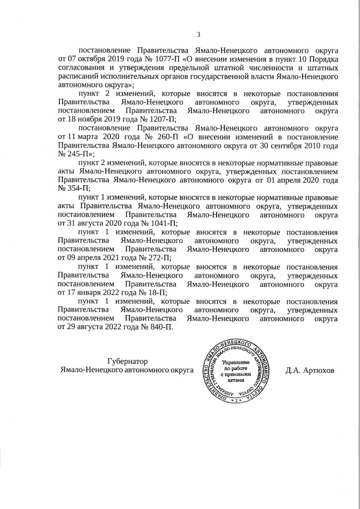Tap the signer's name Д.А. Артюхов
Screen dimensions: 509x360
click(x=309, y=371)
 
